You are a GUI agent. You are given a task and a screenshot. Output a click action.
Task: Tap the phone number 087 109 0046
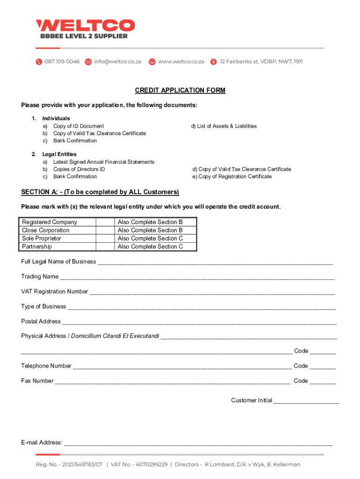[x=62, y=61]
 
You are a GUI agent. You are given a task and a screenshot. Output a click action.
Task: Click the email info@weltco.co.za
[x=117, y=61]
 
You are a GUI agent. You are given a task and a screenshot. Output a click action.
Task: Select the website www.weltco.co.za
[x=181, y=61]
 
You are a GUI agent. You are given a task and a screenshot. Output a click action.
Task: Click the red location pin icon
[x=214, y=62]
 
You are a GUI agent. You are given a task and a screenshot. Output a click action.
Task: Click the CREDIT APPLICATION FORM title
[x=180, y=90]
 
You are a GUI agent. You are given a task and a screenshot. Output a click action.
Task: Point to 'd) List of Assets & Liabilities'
[x=223, y=126]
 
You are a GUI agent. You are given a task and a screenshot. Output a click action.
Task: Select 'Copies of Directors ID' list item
[x=79, y=169]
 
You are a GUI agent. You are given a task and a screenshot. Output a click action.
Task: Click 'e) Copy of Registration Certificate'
[x=232, y=176]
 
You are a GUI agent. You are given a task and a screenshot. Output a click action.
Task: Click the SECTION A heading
[x=100, y=192]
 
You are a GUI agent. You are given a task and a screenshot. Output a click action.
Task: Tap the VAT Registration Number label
[x=54, y=291]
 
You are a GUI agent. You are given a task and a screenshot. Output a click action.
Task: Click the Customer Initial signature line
[x=306, y=402]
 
